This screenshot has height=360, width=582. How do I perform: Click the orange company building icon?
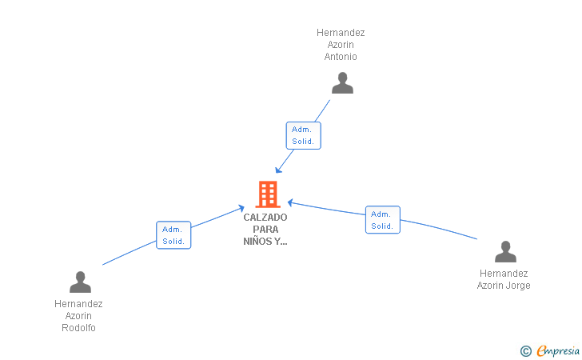(268, 194)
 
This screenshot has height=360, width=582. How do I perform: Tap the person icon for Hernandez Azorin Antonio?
(342, 83)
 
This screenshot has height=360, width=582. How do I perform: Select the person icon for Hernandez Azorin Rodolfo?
(80, 282)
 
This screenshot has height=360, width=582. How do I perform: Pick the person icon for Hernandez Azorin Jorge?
(505, 251)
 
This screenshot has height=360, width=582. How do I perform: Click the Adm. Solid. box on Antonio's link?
(303, 136)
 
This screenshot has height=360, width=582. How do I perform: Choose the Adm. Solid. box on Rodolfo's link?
(173, 235)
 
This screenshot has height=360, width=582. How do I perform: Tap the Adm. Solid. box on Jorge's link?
(383, 220)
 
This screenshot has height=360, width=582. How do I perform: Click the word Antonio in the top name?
(341, 57)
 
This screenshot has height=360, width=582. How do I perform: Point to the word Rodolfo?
(78, 328)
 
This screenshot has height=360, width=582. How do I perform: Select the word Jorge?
(519, 286)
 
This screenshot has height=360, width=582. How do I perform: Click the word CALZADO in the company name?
(265, 218)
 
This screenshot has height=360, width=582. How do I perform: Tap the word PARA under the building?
(265, 230)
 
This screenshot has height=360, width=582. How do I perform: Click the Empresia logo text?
(558, 350)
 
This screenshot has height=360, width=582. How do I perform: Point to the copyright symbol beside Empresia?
(526, 351)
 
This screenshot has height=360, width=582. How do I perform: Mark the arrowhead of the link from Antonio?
(278, 170)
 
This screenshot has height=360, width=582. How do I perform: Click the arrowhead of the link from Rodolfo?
(241, 209)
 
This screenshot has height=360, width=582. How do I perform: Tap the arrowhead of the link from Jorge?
(291, 202)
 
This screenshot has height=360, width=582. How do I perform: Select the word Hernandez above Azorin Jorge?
(504, 274)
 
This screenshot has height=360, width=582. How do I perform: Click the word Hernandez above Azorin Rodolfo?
(78, 304)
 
